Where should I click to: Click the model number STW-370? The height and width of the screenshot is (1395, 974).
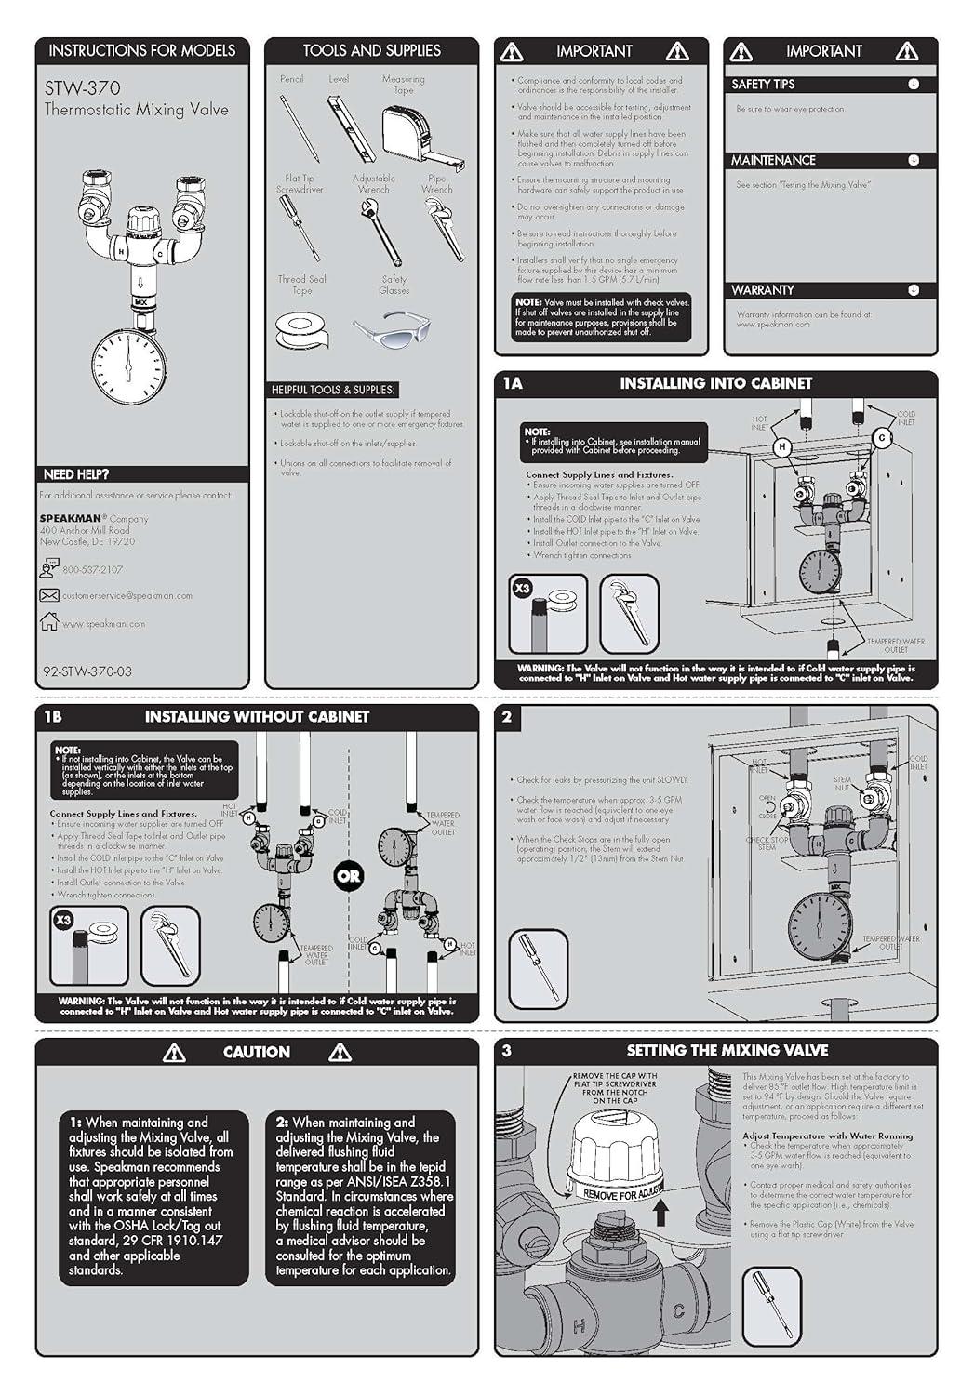click(83, 88)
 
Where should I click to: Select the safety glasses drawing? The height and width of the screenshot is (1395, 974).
click(392, 327)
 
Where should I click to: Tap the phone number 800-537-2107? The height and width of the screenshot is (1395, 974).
click(92, 569)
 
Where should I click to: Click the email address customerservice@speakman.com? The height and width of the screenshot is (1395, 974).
click(127, 595)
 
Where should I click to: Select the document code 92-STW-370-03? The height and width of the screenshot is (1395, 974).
click(87, 671)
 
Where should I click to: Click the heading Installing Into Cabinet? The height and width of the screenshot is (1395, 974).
click(715, 383)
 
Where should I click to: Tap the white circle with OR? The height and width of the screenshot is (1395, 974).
click(349, 875)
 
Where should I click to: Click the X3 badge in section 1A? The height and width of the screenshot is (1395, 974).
click(523, 588)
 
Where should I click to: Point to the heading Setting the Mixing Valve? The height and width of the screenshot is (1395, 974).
click(727, 1051)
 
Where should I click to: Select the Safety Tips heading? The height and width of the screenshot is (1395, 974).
click(763, 84)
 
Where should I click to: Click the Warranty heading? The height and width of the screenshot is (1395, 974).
click(762, 290)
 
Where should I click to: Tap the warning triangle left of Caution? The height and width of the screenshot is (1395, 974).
click(174, 1053)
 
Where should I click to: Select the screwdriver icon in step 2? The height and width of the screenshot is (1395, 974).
click(539, 968)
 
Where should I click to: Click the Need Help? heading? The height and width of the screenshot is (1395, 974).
click(75, 474)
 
